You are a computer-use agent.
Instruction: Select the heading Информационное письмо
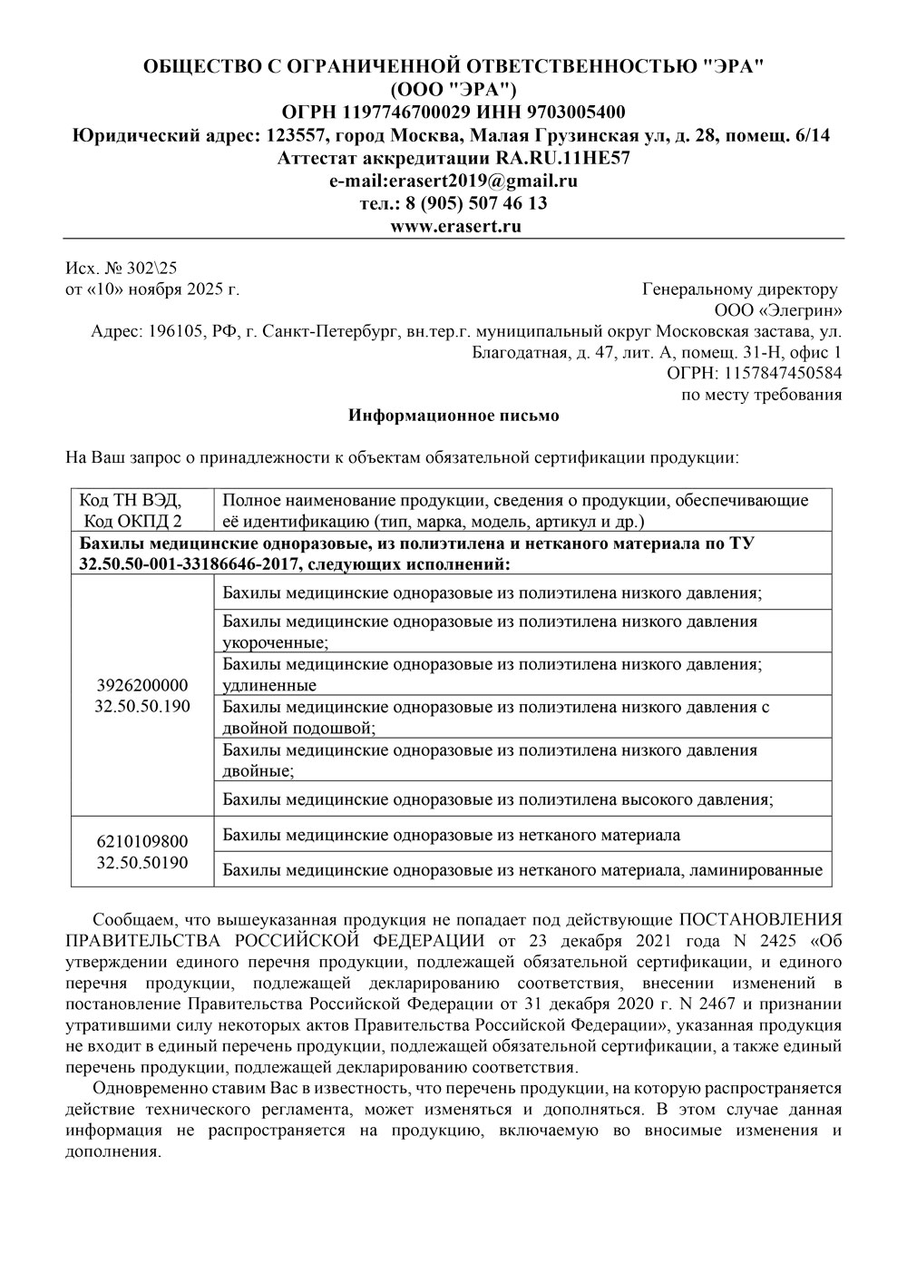(454, 416)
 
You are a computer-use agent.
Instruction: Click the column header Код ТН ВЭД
(131, 501)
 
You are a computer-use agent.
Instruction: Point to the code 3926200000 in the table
(142, 686)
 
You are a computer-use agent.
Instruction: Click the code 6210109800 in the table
(142, 842)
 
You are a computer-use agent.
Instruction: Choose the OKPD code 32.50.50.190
(142, 706)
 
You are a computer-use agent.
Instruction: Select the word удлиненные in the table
(269, 685)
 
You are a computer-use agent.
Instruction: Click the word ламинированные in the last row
(756, 870)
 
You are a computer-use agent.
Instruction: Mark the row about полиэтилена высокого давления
(497, 799)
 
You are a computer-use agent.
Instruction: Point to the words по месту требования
(761, 395)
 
